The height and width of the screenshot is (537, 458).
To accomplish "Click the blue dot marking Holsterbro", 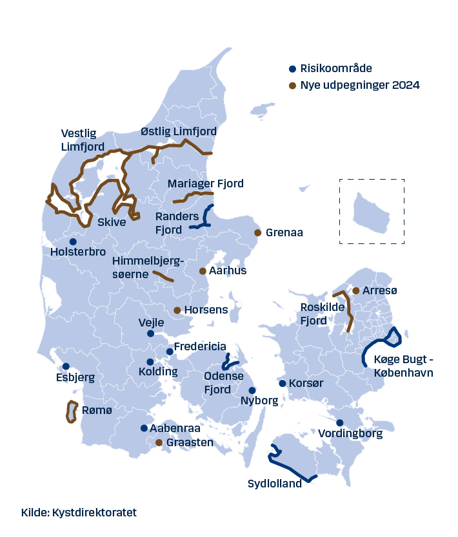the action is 73,241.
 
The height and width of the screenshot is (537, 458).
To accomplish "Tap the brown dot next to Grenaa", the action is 258,232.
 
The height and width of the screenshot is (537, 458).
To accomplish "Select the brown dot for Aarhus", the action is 203,271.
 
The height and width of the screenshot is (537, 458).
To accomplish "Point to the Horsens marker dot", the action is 177,310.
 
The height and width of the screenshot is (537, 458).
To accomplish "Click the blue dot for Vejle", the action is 150,334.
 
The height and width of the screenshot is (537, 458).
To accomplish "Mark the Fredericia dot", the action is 170,352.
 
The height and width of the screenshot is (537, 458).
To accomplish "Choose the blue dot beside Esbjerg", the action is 66,366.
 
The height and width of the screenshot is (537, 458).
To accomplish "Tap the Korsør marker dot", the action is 283,384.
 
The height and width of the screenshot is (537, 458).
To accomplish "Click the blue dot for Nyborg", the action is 252,390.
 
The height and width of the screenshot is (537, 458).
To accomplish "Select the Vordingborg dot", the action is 340,423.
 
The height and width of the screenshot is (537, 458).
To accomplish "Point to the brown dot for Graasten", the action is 159,442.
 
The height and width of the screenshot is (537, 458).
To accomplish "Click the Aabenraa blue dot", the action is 144,428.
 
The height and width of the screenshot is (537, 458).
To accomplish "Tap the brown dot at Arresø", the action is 355,291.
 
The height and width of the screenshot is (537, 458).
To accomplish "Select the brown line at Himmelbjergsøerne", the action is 163,277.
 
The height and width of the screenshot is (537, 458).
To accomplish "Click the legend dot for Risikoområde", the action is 292,69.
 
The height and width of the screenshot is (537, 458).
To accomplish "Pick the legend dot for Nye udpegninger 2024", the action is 292,86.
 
